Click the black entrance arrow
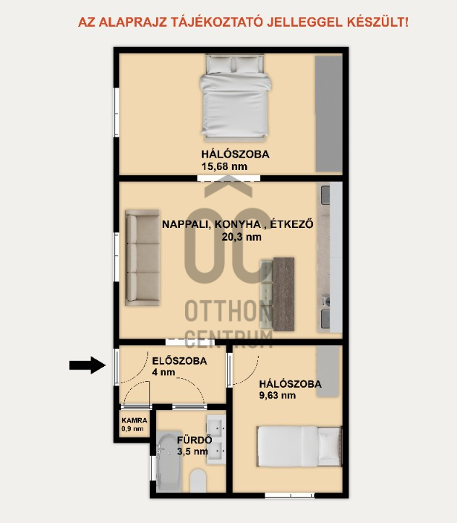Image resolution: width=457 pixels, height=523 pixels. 87,365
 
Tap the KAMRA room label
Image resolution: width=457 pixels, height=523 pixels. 134,420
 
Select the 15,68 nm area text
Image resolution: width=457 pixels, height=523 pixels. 224,166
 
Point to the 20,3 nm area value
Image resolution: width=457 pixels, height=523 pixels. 242,237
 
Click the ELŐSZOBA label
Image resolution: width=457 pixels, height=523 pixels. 179,361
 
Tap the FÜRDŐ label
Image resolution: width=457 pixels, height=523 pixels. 195,440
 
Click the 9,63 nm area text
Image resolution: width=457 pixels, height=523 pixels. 278,395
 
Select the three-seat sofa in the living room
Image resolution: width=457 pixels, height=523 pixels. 142,258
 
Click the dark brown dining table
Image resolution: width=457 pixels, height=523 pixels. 283,294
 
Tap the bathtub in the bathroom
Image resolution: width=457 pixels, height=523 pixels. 169,462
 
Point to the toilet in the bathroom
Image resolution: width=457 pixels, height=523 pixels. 198,480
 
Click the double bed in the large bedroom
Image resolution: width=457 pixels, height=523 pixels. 235,97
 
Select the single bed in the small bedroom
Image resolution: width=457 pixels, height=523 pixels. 299,446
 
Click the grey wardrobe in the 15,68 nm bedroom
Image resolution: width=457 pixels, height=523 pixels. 329,114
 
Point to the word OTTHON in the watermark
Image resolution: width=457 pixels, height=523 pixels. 228,311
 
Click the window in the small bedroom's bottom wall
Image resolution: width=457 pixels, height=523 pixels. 290,495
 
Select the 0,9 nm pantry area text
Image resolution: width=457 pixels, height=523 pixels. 132,429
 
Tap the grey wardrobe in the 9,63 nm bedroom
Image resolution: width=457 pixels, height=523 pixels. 328,371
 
